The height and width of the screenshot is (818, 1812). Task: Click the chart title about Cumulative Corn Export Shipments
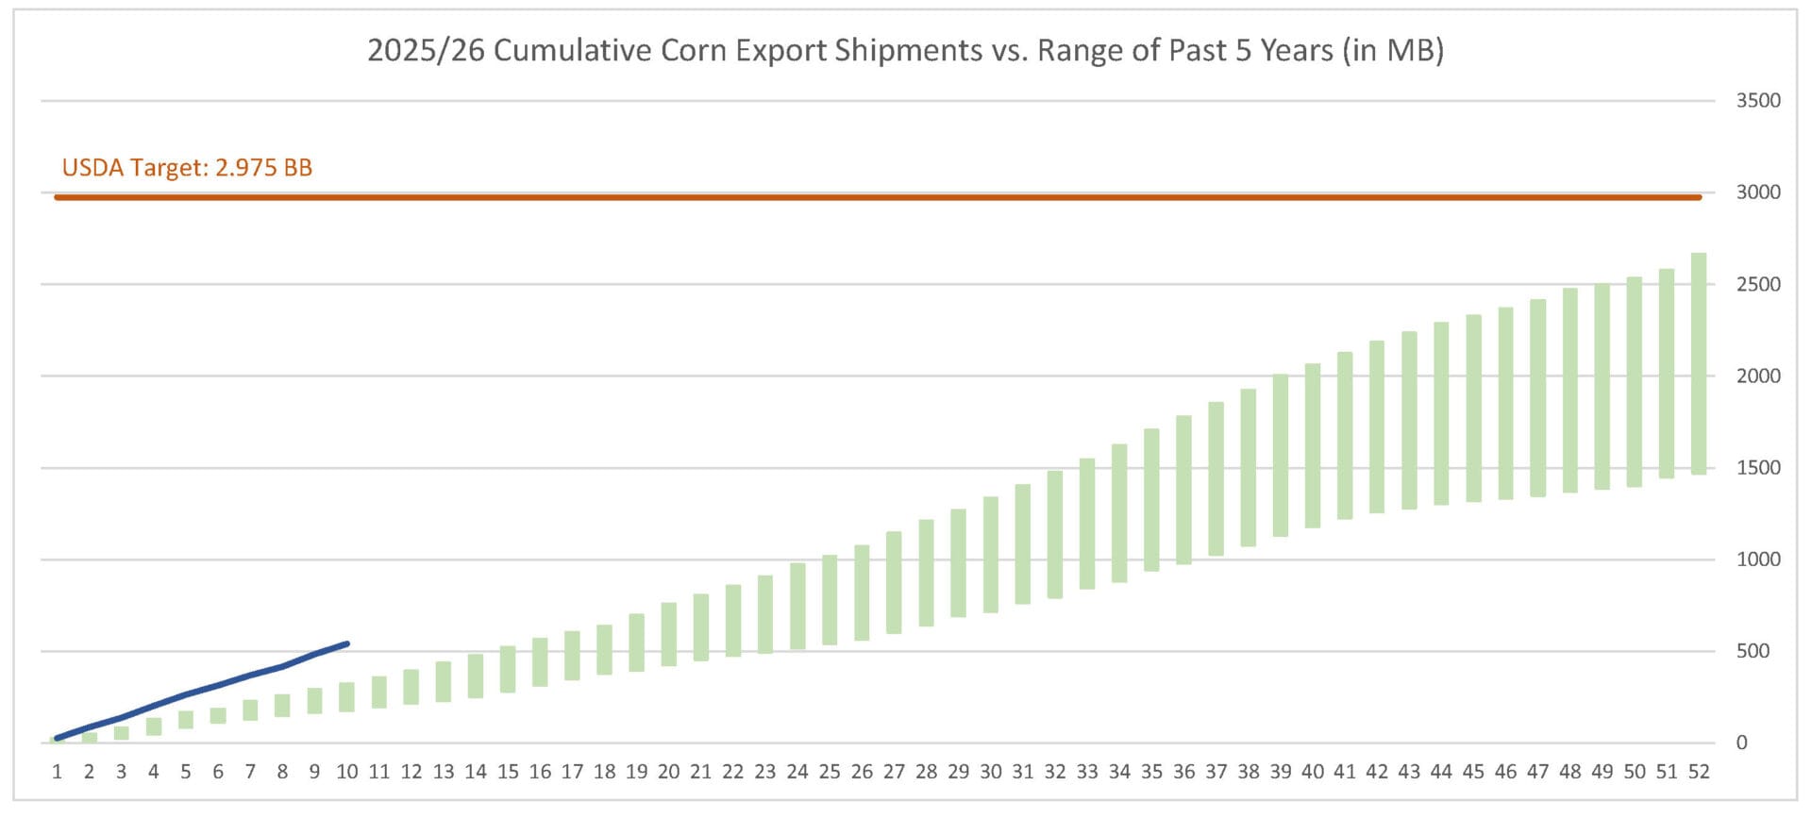click(x=905, y=50)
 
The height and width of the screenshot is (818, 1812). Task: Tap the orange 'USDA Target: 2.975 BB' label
click(x=187, y=168)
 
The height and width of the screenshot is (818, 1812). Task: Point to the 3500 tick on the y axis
click(x=1757, y=101)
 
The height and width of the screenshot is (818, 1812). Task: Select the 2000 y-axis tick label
click(x=1757, y=376)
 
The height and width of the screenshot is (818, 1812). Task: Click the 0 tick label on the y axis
click(x=1741, y=743)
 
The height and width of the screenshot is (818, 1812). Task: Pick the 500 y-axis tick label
click(x=1753, y=651)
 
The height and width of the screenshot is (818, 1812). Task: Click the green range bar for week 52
click(x=1698, y=363)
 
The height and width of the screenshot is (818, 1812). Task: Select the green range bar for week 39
click(x=1280, y=455)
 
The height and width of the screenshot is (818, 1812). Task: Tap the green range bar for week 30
click(x=990, y=555)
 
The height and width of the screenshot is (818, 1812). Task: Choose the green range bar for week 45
click(x=1473, y=408)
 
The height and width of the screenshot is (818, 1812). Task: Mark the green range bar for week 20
click(x=668, y=634)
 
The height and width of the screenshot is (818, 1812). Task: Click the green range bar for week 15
click(x=508, y=669)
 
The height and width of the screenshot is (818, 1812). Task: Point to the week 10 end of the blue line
click(x=347, y=644)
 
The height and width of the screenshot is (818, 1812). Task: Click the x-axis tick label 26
click(x=862, y=772)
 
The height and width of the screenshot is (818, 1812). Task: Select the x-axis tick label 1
click(x=58, y=772)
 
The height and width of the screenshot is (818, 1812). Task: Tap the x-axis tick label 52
click(x=1699, y=772)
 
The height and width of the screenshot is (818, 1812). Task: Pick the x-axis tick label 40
click(x=1312, y=772)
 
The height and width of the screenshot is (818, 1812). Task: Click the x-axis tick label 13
click(x=444, y=772)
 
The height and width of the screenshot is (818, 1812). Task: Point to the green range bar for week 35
click(x=1151, y=500)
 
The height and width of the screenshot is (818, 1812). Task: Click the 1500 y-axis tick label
click(x=1757, y=468)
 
